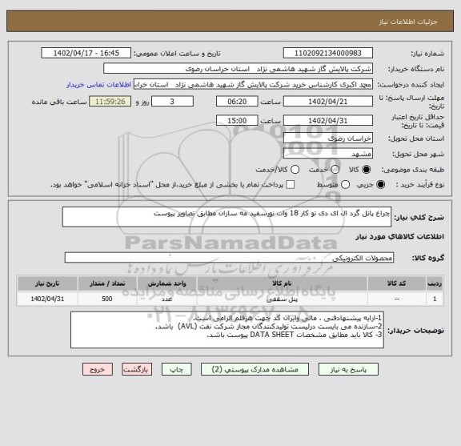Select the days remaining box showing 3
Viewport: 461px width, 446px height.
click(173, 102)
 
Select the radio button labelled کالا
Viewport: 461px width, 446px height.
click(367, 169)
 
